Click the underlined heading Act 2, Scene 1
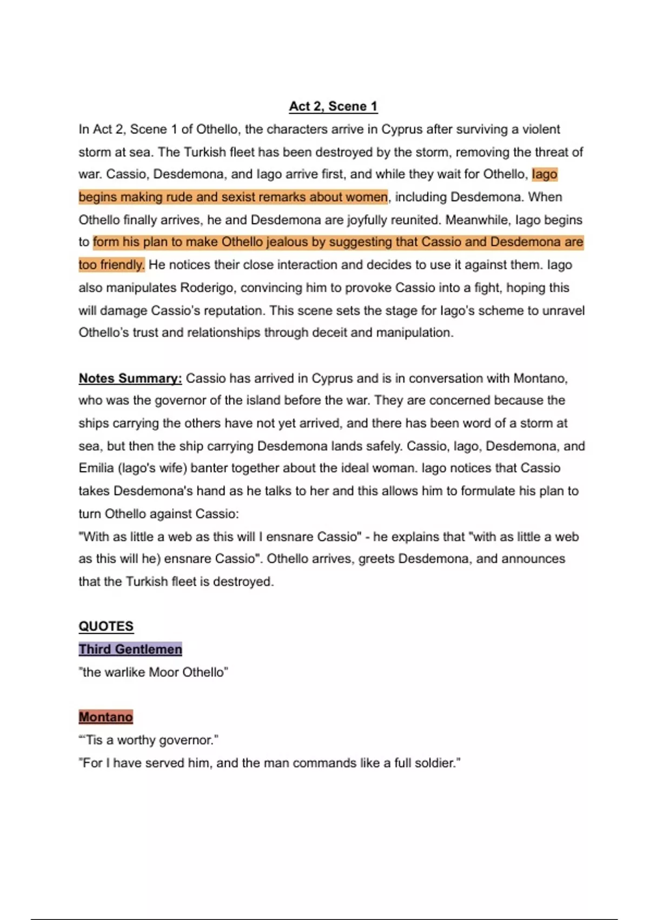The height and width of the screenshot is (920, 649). [333, 106]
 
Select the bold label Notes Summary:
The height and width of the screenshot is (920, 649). [130, 378]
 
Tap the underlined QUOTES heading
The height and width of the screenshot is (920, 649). [106, 626]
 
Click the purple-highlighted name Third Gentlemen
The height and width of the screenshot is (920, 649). [130, 649]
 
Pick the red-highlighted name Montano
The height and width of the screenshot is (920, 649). [106, 717]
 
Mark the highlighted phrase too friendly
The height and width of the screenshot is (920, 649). [111, 265]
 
